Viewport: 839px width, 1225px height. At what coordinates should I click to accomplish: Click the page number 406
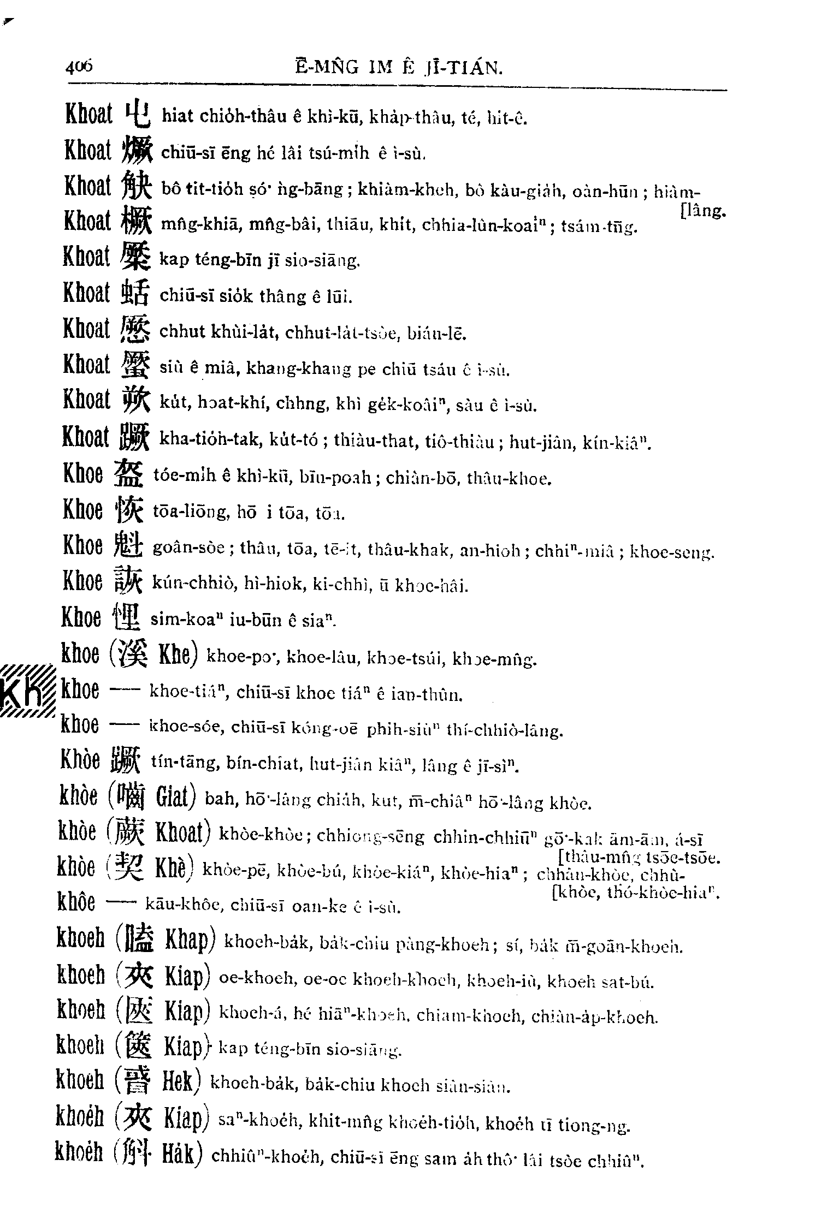(x=80, y=68)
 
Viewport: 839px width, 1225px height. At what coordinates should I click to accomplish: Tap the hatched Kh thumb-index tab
(x=27, y=692)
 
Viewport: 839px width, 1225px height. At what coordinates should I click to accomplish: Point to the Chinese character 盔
(x=129, y=475)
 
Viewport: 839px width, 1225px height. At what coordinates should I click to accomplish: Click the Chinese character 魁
(x=129, y=546)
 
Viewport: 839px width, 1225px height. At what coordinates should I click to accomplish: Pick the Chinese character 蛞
(x=134, y=293)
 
